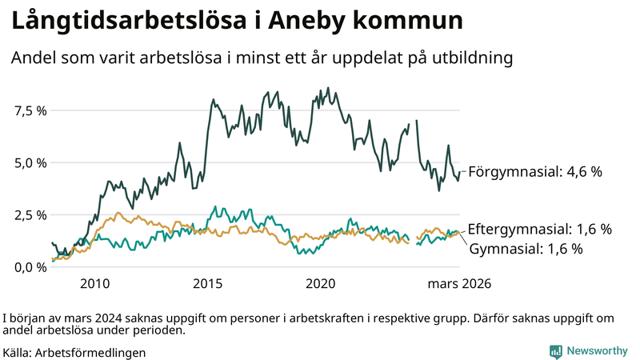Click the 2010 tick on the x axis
(x=94, y=283)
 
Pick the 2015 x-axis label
(x=207, y=283)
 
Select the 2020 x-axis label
(x=320, y=283)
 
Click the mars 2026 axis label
(x=459, y=283)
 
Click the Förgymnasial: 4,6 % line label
(x=534, y=171)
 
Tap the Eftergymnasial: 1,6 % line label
(x=539, y=230)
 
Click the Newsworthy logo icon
(x=555, y=351)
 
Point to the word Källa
(x=18, y=352)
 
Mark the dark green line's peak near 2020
(x=329, y=89)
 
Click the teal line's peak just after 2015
(x=214, y=206)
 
